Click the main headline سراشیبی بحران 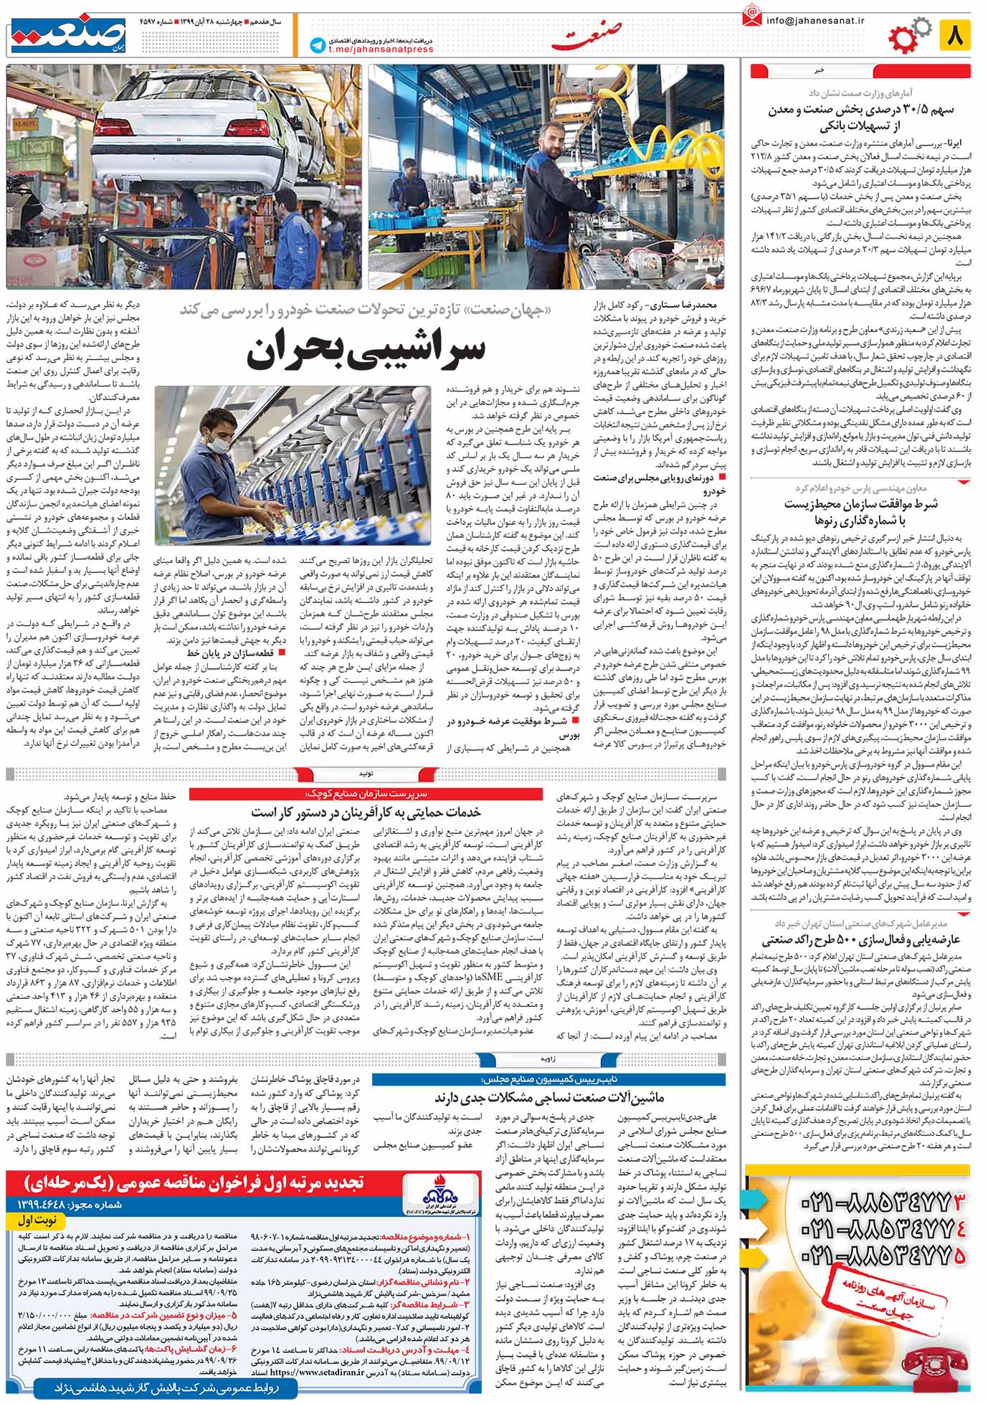pyautogui.click(x=366, y=351)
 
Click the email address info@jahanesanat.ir pyautogui.click(x=815, y=21)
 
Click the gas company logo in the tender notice pyautogui.click(x=437, y=1196)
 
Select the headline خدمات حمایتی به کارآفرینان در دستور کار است pyautogui.click(x=366, y=812)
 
